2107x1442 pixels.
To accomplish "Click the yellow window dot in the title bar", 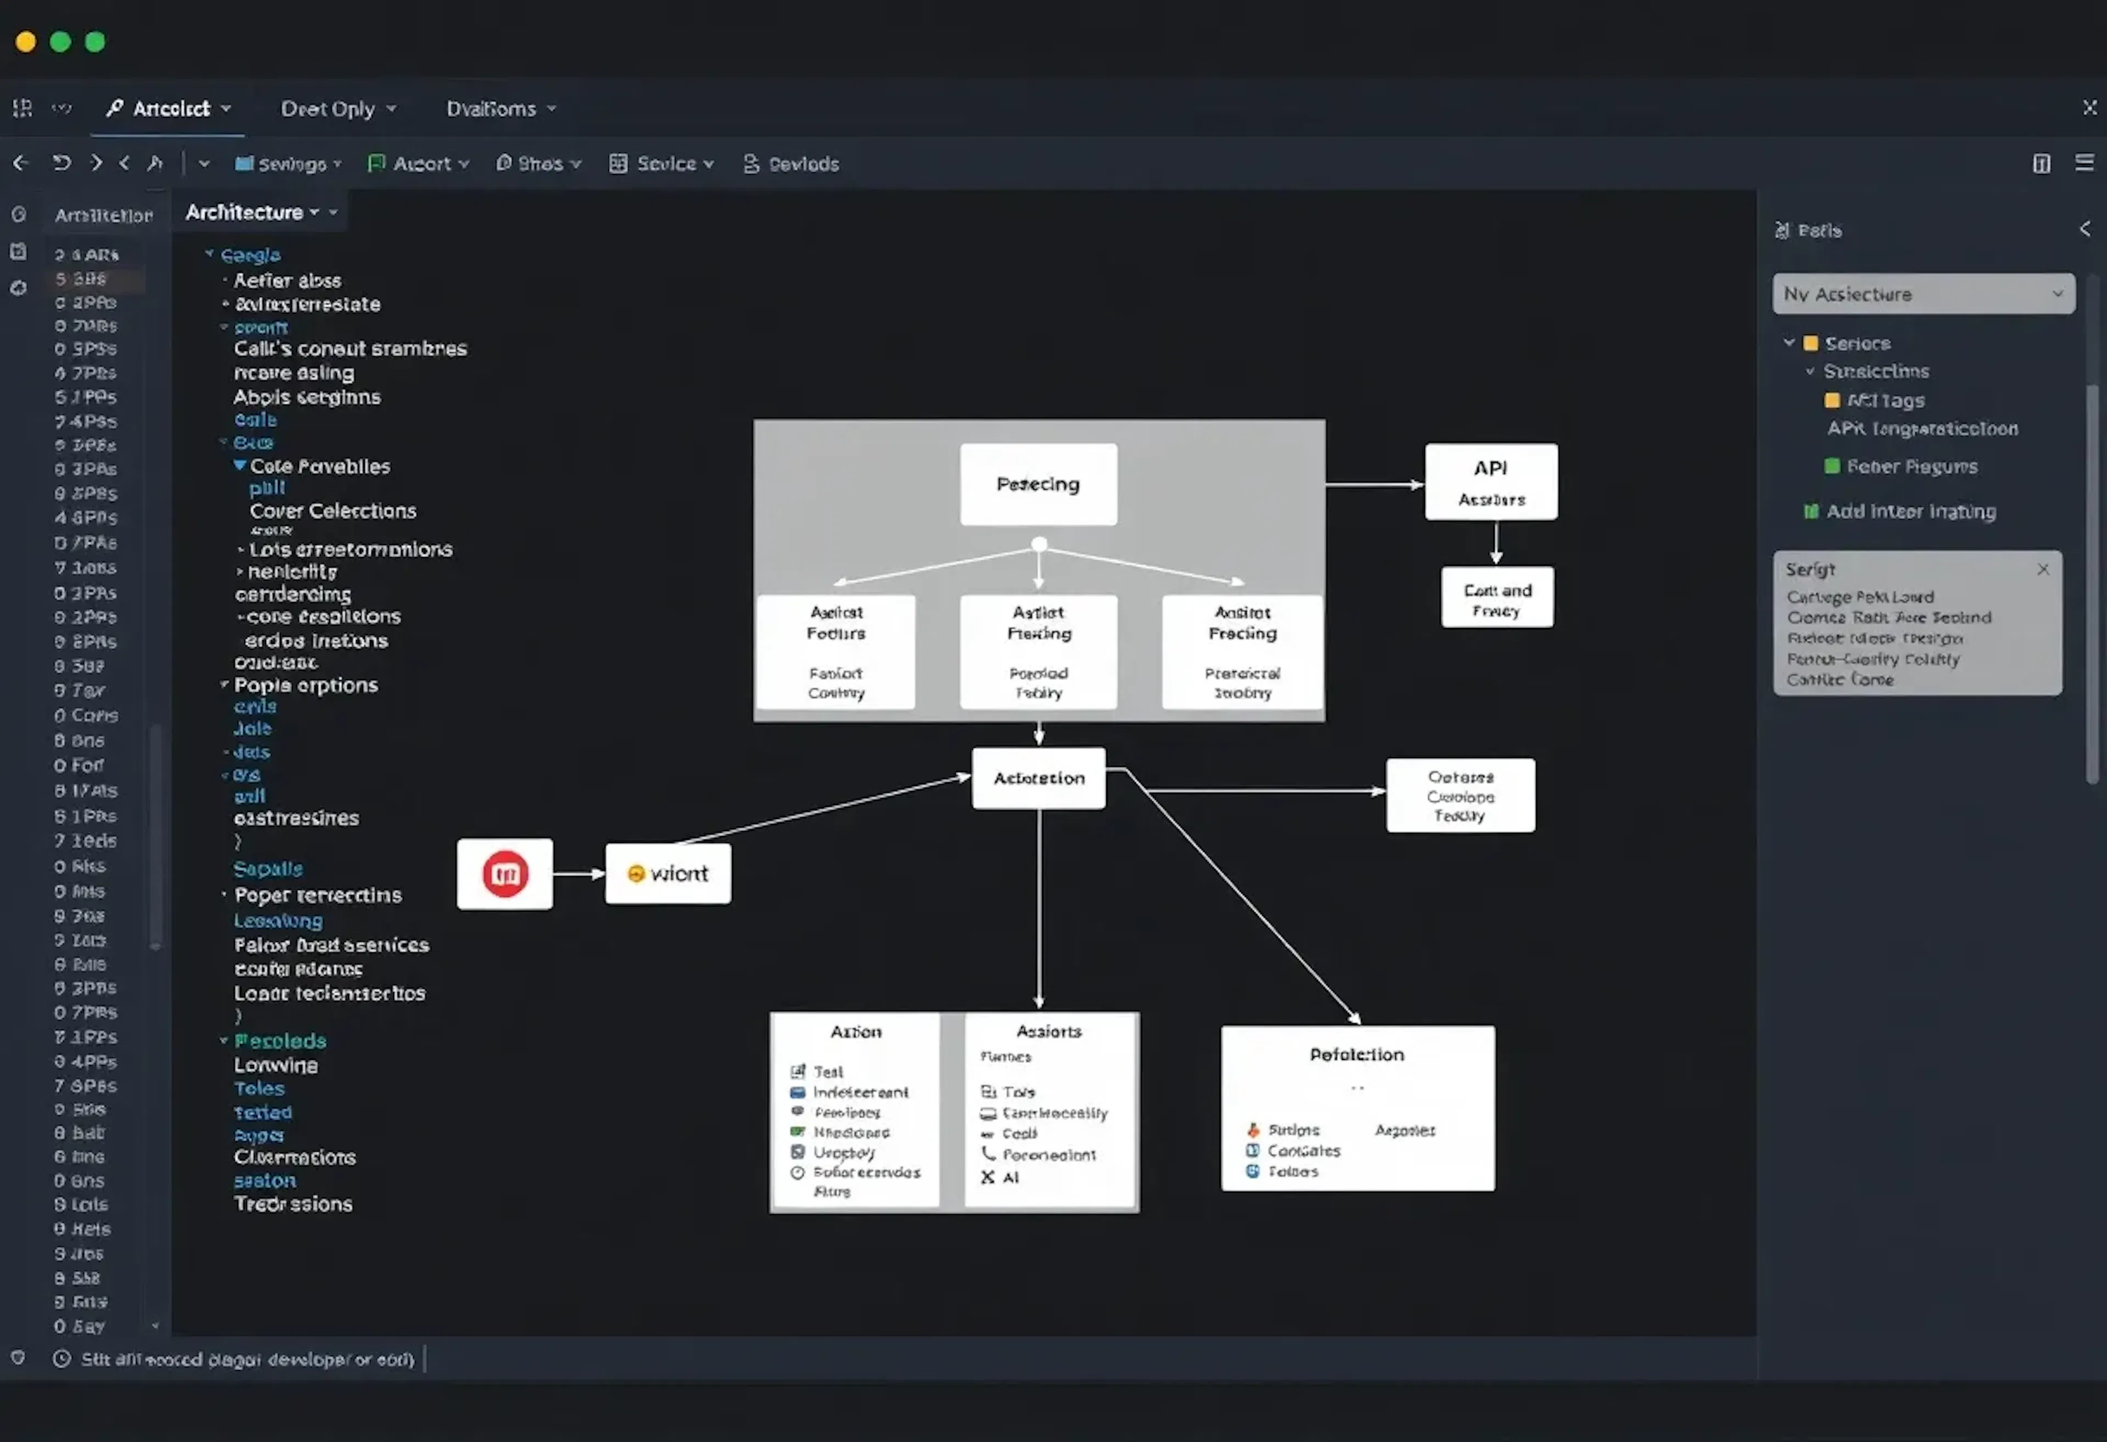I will click(25, 42).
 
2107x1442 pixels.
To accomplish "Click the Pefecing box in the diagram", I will click(1038, 484).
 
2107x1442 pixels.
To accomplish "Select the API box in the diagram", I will click(1490, 481).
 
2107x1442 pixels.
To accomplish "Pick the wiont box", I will click(667, 873).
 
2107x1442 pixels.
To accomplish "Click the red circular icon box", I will click(505, 873).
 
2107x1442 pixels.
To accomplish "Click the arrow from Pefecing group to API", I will click(1373, 484).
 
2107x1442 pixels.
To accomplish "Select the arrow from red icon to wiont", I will click(578, 873).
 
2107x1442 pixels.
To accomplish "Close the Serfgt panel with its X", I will click(2043, 570).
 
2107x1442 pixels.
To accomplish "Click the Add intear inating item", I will click(1910, 512).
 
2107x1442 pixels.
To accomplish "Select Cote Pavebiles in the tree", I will click(319, 466).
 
